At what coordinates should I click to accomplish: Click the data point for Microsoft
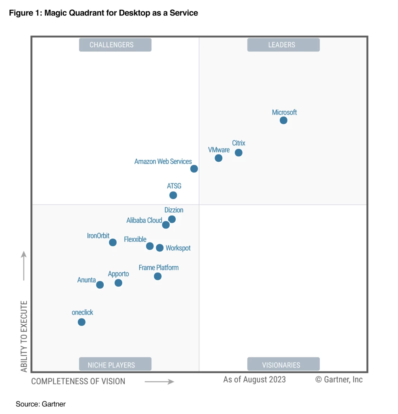tap(283, 120)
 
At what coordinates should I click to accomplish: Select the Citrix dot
tap(238, 152)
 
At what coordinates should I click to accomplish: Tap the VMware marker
tap(218, 158)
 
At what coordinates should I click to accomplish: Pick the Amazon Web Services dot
tap(194, 169)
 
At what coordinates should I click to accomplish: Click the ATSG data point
tap(173, 195)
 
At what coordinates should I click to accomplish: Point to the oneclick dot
tap(81, 322)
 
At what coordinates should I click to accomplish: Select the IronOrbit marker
tap(113, 243)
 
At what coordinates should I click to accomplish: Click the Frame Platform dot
tap(157, 277)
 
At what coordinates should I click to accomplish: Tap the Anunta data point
tap(100, 285)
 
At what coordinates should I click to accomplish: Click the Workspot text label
tap(178, 248)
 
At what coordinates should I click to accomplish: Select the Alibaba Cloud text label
tap(144, 221)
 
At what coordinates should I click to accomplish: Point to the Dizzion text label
tap(174, 210)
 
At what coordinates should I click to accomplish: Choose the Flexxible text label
tap(135, 240)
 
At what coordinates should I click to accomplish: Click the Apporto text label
tap(118, 274)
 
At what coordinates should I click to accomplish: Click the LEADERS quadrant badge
tap(283, 45)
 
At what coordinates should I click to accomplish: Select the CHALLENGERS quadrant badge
tap(115, 45)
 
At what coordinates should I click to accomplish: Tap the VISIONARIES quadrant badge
tap(283, 365)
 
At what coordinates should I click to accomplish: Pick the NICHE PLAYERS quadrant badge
tap(115, 365)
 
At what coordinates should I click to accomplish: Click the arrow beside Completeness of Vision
tap(159, 381)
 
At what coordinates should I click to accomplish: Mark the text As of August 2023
tap(254, 379)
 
